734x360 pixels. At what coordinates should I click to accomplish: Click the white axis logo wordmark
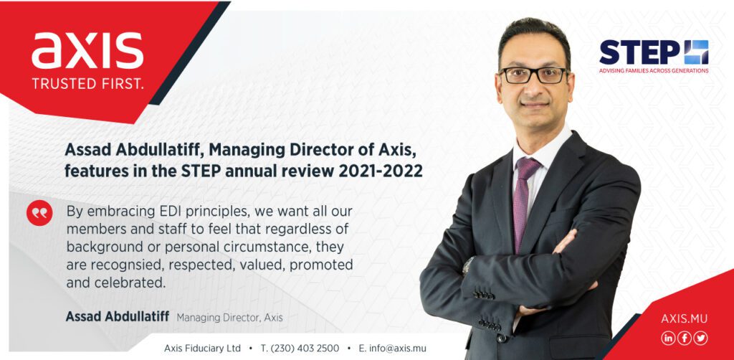(x=87, y=50)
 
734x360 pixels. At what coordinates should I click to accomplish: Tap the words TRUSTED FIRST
(x=87, y=85)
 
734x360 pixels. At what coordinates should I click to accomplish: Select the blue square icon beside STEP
(x=696, y=52)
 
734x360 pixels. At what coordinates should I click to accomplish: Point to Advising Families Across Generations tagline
(x=654, y=71)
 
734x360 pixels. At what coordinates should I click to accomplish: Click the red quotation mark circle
(x=40, y=213)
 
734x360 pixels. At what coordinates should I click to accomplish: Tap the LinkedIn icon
(x=668, y=338)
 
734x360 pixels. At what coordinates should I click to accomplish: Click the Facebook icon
(x=685, y=338)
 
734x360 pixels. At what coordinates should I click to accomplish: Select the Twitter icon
(x=701, y=338)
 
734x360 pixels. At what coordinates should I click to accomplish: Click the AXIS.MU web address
(x=685, y=319)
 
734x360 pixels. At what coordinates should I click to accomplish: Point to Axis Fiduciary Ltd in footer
(x=202, y=349)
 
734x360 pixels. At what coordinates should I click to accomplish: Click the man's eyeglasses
(x=533, y=75)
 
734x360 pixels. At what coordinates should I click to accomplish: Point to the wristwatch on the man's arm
(x=467, y=265)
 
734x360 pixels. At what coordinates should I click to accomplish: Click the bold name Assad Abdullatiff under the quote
(x=118, y=317)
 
